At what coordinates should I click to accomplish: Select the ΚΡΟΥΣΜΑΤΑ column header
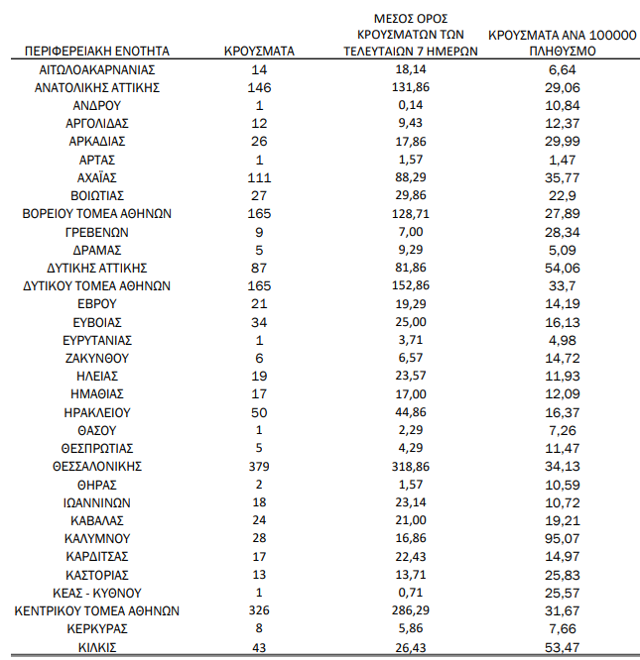click(259, 51)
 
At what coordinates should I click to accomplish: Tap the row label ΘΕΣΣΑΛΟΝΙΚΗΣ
click(97, 466)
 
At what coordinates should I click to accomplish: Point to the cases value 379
click(259, 466)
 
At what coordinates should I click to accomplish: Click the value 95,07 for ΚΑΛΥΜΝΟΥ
click(562, 538)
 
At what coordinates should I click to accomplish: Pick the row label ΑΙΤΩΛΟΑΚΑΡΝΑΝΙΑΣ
click(97, 69)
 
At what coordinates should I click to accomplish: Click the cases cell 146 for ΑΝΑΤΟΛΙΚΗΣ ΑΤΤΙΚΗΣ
click(259, 87)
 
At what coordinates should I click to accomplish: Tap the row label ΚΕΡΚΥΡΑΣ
click(97, 628)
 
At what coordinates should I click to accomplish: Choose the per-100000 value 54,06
click(562, 268)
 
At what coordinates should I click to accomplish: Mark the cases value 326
click(259, 610)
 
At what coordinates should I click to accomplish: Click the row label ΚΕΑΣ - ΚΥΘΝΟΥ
click(97, 593)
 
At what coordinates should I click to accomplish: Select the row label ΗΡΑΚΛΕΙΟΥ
click(97, 412)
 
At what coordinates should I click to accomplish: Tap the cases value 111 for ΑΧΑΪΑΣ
click(259, 177)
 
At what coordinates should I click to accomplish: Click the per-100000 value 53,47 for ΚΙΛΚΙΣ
click(562, 646)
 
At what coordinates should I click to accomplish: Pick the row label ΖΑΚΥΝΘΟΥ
click(97, 358)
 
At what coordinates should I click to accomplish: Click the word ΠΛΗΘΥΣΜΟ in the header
click(562, 51)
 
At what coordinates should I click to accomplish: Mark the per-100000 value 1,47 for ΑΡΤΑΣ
click(562, 160)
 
